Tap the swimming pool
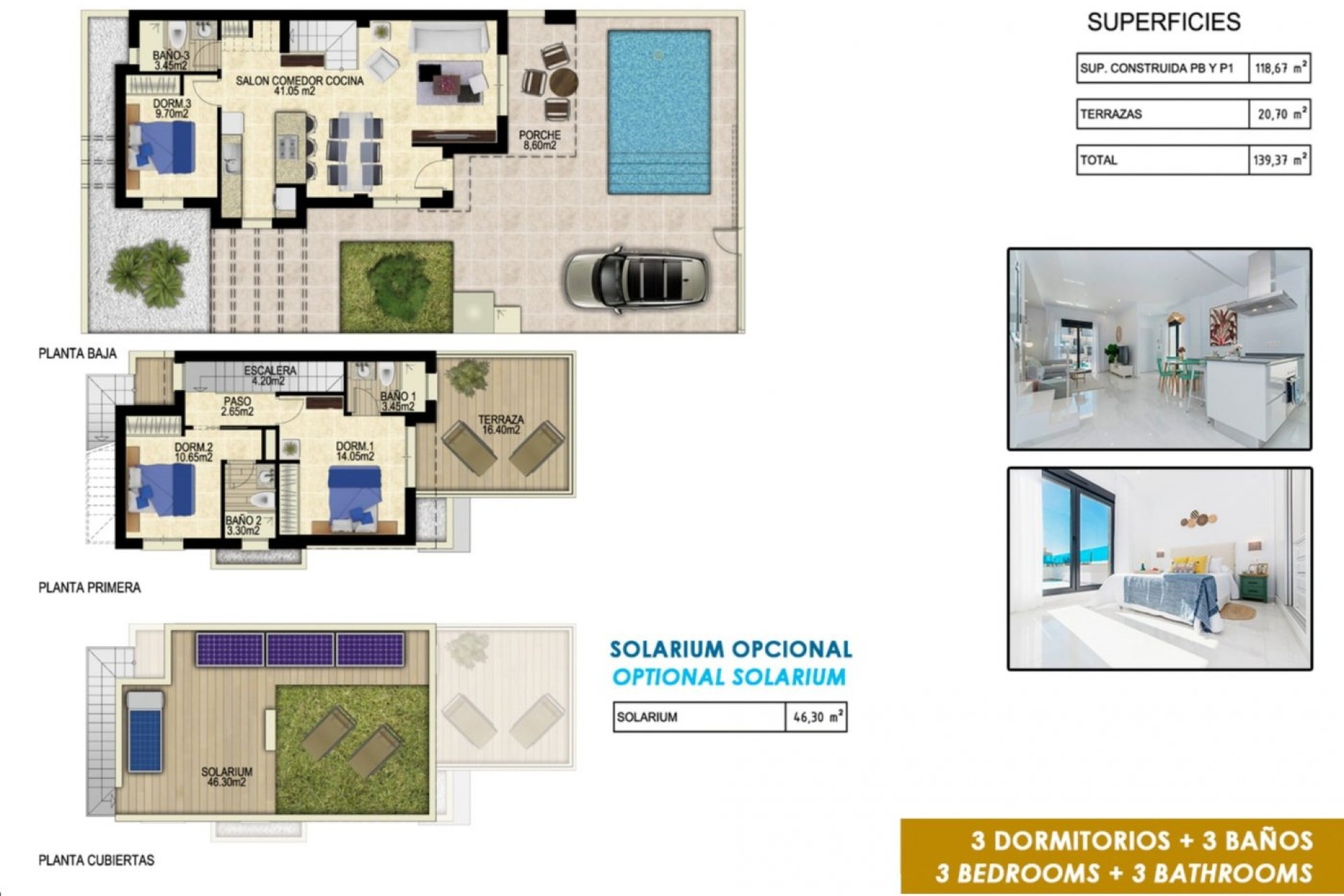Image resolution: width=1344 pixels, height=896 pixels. click(659, 112)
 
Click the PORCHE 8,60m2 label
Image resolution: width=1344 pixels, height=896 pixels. click(540, 140)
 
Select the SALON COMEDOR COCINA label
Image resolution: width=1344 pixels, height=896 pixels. click(299, 85)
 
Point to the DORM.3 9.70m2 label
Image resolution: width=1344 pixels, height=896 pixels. click(171, 108)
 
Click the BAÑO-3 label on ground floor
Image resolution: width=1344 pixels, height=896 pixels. click(171, 60)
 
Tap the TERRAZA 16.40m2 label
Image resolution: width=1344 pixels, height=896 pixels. click(500, 424)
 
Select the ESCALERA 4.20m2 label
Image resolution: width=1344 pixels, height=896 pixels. click(269, 375)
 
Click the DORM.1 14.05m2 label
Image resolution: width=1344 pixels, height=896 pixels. click(355, 451)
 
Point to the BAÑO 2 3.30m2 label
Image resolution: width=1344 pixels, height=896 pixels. click(243, 526)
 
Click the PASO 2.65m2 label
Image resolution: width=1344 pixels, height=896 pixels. click(237, 406)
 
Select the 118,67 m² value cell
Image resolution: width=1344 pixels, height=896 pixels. click(1279, 69)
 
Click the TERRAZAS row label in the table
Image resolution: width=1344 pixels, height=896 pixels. click(1111, 114)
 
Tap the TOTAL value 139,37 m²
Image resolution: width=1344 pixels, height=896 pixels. click(1279, 160)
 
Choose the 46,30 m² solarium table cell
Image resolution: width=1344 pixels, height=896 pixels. click(816, 717)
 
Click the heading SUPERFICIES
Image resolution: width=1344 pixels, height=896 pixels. click(1163, 22)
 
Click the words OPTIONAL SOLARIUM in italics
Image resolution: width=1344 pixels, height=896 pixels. click(729, 677)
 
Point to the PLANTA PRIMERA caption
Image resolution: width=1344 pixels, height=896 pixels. click(90, 588)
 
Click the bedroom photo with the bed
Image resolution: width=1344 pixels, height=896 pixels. click(1159, 568)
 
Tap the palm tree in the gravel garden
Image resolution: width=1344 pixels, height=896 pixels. click(148, 273)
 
